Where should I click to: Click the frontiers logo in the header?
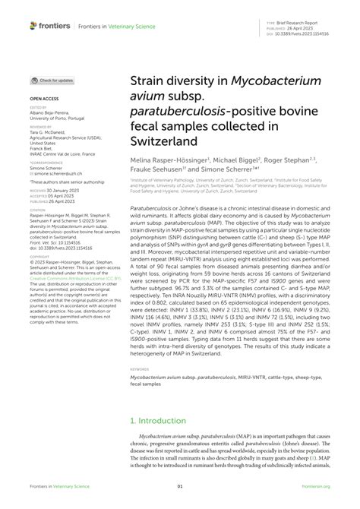[50, 26]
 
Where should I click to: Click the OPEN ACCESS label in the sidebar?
[46, 99]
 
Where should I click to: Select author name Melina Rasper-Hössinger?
[168, 162]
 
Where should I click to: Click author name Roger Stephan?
[284, 162]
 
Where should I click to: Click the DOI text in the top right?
[306, 33]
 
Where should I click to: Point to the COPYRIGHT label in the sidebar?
[41, 242]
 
